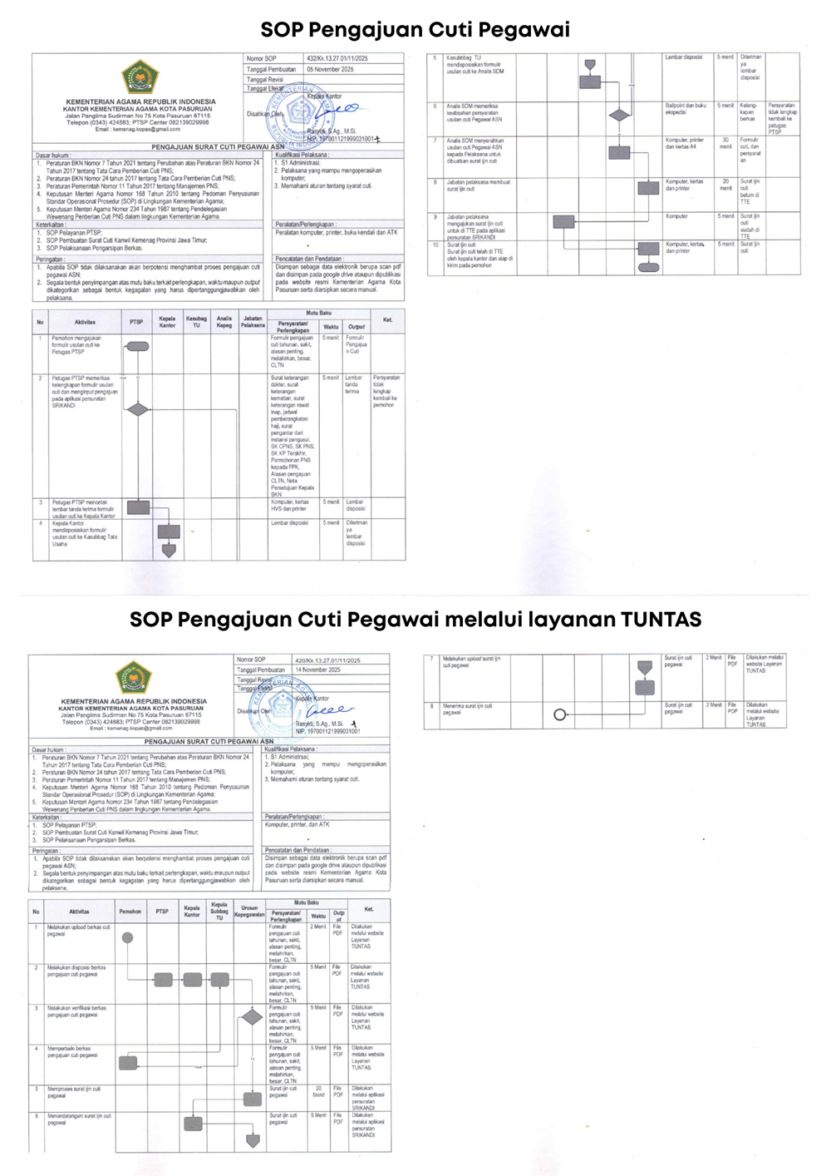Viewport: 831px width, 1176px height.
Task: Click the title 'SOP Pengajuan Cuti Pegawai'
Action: coord(415,30)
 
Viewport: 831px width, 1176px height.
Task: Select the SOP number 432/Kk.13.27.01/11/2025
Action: coord(337,59)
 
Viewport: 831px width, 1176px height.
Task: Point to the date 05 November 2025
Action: coord(330,69)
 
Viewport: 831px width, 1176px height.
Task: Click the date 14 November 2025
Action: coord(317,670)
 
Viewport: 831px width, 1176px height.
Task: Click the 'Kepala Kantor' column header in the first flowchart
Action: coord(167,322)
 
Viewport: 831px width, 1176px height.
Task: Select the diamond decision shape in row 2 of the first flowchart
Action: coord(138,409)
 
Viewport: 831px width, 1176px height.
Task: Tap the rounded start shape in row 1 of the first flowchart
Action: coord(137,346)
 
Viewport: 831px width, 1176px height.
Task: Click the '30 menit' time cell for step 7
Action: coord(725,143)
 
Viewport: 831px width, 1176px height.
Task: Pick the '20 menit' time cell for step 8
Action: coord(725,185)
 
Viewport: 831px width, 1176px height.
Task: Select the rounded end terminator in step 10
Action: coord(648,268)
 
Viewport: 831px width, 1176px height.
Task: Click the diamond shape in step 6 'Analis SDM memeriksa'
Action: coord(619,116)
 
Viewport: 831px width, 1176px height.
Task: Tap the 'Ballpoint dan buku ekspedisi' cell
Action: coord(686,109)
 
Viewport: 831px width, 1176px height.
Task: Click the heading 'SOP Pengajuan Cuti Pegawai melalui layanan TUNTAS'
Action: coord(415,620)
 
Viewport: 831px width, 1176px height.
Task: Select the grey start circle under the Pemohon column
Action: coord(127,938)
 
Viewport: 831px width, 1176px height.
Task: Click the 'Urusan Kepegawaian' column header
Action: coord(249,912)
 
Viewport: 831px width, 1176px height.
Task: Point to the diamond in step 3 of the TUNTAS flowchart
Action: coord(252,1016)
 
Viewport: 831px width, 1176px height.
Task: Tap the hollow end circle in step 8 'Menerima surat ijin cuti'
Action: coord(560,714)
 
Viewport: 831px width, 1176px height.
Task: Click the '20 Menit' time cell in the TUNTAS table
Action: coord(318,1091)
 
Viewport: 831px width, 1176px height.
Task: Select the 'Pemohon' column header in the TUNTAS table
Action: coord(130,912)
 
